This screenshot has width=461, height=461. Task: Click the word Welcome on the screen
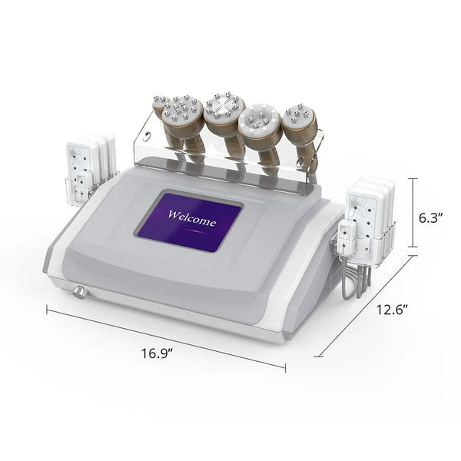(191, 218)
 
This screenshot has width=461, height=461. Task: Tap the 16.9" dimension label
(157, 353)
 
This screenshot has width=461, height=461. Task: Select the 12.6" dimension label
(393, 310)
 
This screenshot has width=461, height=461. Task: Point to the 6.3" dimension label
(430, 218)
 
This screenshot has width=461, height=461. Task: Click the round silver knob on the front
(79, 292)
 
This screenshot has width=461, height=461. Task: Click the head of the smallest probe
(161, 102)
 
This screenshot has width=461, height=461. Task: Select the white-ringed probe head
(260, 121)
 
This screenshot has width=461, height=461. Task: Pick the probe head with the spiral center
(225, 108)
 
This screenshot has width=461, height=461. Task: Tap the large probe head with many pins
(182, 109)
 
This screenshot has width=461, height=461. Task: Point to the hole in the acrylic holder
(147, 137)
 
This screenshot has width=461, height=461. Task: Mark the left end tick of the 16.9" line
(47, 310)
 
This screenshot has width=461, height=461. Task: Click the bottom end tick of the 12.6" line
(319, 357)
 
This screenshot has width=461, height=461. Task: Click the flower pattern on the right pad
(360, 201)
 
